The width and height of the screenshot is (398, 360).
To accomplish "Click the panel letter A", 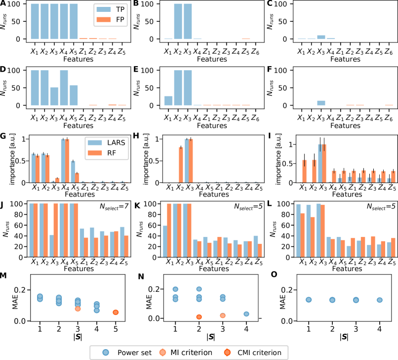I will (3, 4).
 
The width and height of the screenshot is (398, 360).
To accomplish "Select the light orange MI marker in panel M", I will (64, 308).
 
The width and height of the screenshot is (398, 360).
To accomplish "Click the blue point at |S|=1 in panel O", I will (309, 300).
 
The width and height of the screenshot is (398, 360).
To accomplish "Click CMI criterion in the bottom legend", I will (261, 353).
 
